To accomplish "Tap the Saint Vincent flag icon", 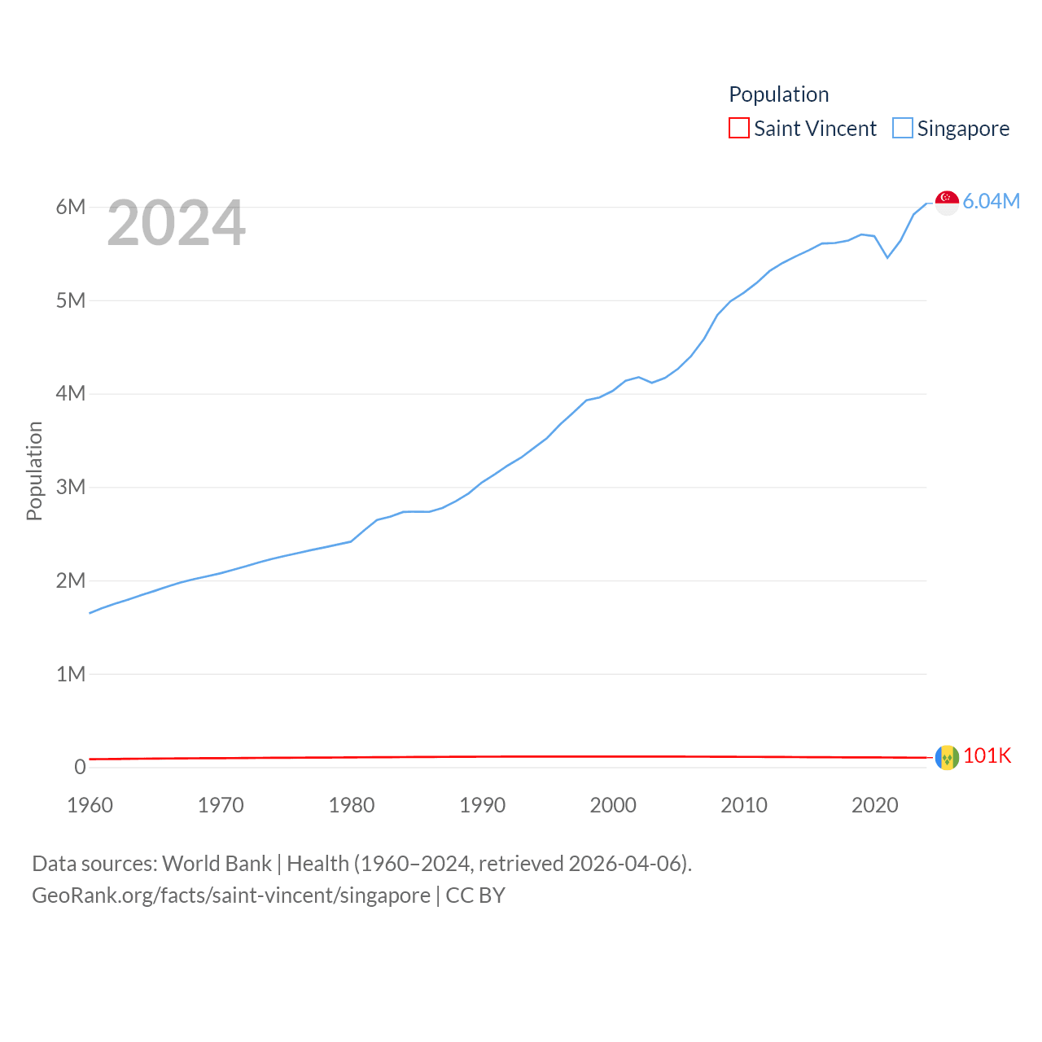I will (x=947, y=757).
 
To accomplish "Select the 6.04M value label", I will (x=991, y=201).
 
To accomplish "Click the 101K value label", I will (x=987, y=755).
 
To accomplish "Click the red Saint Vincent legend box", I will (x=738, y=128).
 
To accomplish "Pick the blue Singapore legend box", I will (x=902, y=128).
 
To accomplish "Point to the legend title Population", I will (x=778, y=94).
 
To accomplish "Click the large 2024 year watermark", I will (x=176, y=223).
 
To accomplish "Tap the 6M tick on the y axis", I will (x=71, y=207).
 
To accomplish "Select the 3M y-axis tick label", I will (x=71, y=487).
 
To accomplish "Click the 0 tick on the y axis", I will (x=80, y=767).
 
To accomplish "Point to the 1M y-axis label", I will (x=71, y=674).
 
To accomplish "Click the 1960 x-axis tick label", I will (x=90, y=805).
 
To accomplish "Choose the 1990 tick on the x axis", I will (x=482, y=805).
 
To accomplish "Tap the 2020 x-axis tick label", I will (x=874, y=805).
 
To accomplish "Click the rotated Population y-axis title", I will (x=34, y=471).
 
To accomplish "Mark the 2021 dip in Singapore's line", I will (x=887, y=257).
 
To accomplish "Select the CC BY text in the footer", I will (x=475, y=895).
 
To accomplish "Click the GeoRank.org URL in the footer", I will (x=230, y=895).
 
